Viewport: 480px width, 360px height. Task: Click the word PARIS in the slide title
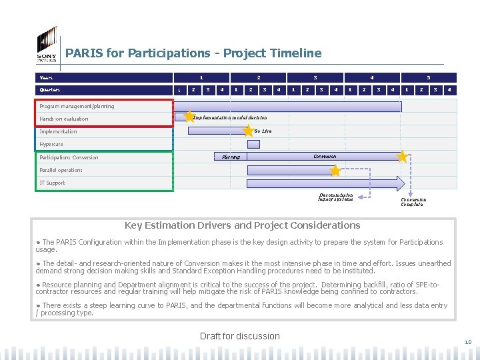coord(83,53)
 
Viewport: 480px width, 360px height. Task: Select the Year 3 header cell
coord(315,77)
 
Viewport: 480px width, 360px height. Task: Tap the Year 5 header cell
coord(429,77)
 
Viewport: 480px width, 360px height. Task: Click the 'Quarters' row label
coord(49,90)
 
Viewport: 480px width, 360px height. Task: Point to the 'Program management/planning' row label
coord(77,106)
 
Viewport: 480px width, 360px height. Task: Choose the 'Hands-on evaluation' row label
coord(63,119)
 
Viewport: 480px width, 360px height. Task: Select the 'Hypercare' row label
coord(51,144)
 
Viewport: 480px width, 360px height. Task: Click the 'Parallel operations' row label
coord(61,170)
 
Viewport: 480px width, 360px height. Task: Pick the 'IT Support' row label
coord(52,183)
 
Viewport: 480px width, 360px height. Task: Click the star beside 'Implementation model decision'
coord(189,117)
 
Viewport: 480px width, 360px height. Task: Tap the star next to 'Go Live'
coord(249,131)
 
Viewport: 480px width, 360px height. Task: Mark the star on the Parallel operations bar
coord(335,171)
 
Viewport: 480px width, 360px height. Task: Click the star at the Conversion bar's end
coord(402,157)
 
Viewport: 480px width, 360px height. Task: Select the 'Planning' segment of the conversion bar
coord(231,157)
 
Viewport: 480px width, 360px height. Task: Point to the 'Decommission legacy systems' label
coord(337,197)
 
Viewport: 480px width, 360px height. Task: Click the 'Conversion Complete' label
coord(413,201)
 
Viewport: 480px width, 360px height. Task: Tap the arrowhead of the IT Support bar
coord(401,183)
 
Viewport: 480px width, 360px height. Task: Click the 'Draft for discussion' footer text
coord(240,336)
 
